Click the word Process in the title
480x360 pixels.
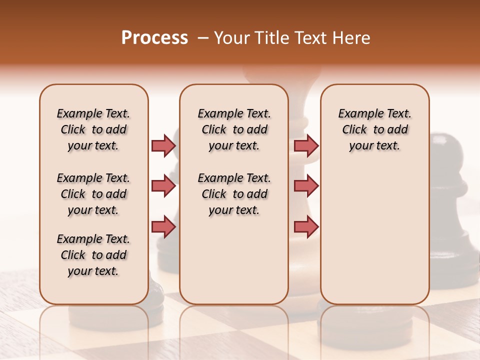pos(154,38)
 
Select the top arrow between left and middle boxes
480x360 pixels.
pos(163,145)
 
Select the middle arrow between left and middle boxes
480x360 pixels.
pos(163,186)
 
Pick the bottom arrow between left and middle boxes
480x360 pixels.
pos(163,227)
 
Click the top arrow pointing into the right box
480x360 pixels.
pos(306,145)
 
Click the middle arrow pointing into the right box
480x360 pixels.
pos(306,186)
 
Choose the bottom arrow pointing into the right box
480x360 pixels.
pos(306,227)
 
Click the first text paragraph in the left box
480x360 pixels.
pos(93,129)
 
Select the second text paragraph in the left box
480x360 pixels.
pos(93,194)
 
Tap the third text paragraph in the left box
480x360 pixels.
pos(93,255)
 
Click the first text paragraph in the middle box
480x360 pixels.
pos(234,129)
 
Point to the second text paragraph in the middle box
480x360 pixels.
pos(234,194)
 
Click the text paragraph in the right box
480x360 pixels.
pos(374,129)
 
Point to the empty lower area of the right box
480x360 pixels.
pos(374,240)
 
